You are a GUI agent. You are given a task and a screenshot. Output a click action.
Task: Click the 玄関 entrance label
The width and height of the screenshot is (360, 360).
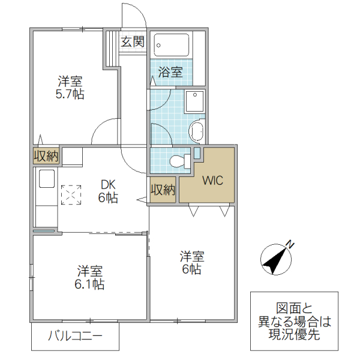click(132, 41)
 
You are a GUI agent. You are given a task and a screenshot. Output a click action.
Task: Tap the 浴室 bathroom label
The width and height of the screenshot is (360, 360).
click(170, 72)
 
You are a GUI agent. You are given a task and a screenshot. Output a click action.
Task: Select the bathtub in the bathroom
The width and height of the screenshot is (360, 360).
click(172, 45)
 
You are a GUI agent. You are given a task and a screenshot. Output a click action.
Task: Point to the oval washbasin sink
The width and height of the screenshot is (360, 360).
click(196, 130)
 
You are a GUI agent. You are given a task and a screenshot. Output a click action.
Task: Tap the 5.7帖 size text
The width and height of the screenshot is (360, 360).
click(70, 94)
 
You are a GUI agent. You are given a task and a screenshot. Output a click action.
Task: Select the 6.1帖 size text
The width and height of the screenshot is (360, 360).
click(90, 284)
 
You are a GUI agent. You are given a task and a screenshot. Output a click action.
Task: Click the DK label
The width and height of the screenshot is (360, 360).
click(107, 185)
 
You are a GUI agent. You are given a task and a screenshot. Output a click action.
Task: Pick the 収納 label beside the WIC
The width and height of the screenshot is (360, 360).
click(163, 190)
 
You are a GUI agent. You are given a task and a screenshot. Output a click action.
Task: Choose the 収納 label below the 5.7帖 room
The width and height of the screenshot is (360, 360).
click(46, 157)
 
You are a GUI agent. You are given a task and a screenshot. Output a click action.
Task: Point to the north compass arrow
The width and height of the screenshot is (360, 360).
click(275, 259)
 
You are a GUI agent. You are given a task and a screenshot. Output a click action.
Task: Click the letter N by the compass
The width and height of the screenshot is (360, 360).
click(291, 244)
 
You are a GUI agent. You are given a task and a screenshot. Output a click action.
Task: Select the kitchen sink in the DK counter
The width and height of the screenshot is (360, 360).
click(47, 179)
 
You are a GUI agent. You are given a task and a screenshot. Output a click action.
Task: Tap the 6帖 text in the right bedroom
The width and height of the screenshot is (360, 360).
click(191, 269)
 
